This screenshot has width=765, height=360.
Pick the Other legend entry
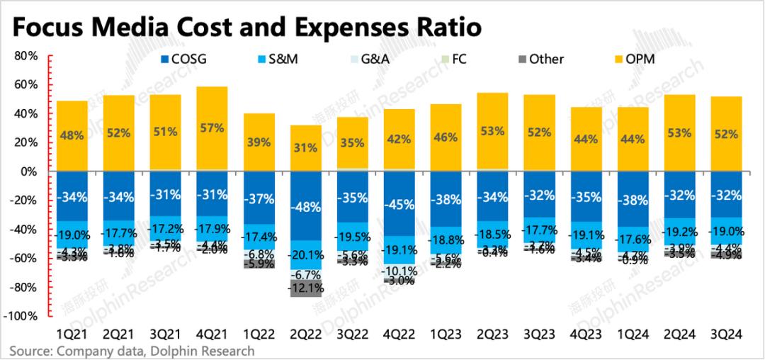[538, 60]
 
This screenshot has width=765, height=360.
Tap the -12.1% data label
[305, 288]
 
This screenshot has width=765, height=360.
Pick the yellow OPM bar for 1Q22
[259, 142]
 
